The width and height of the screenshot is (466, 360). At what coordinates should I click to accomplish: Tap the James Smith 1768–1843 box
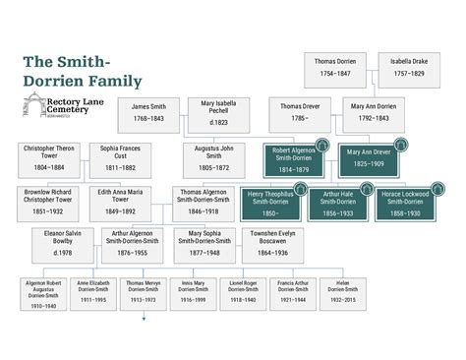148,112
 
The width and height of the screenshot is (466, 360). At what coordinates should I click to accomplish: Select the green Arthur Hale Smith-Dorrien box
338,204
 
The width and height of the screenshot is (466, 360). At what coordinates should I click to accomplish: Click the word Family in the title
109,82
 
